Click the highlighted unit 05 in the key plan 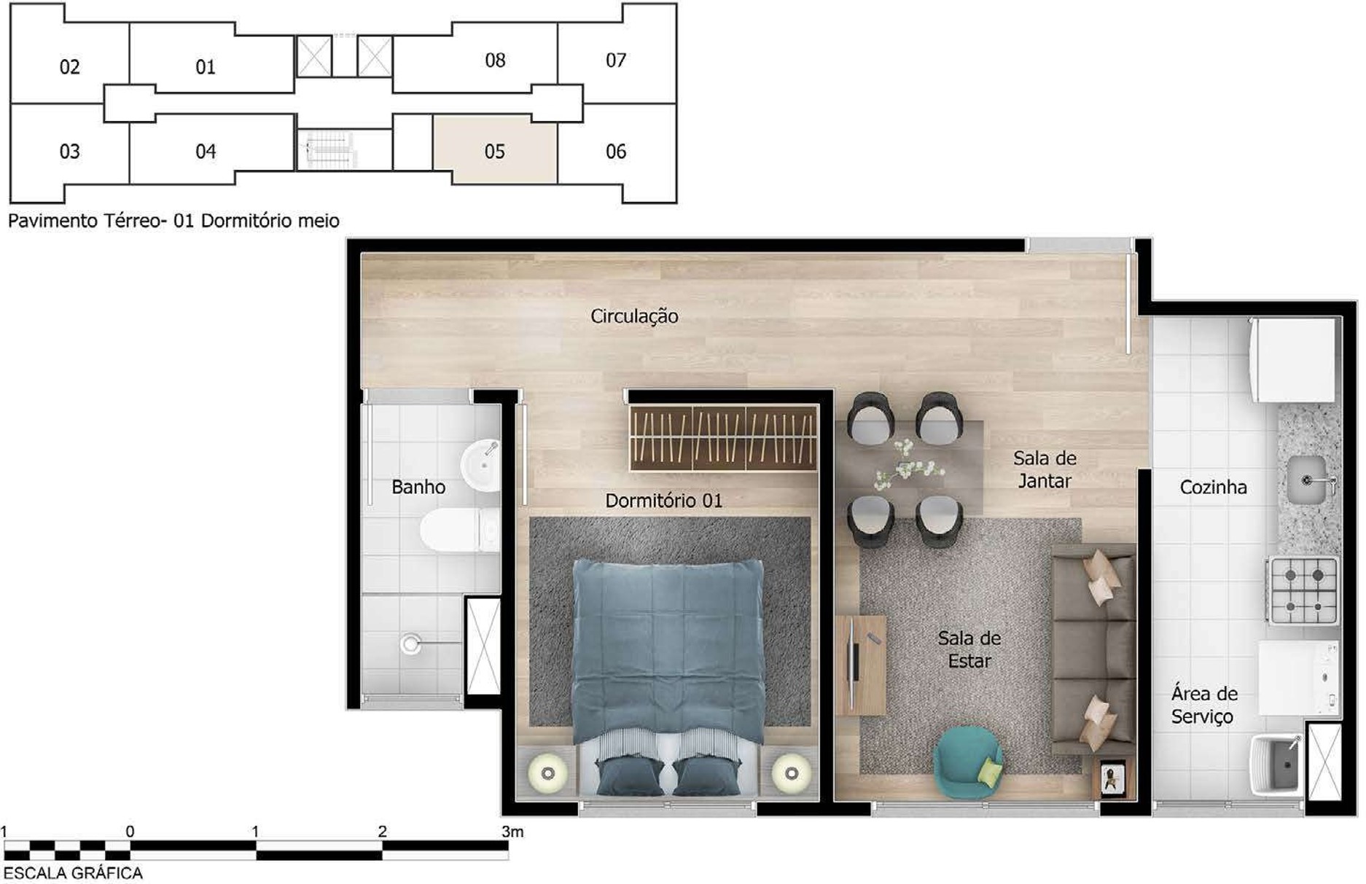495,149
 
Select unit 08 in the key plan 495,60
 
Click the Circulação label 634,316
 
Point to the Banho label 418,486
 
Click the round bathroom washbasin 481,465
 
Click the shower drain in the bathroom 411,644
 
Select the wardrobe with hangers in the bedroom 723,438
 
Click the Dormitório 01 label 663,501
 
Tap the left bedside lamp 547,772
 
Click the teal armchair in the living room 968,762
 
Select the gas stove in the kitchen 1303,590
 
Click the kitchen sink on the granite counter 1308,480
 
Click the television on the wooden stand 853,664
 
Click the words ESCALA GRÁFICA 73,873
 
